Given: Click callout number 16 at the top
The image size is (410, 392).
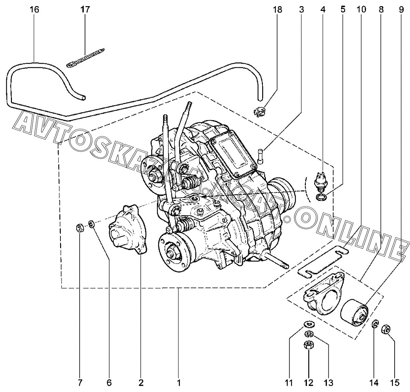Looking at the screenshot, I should pyautogui.click(x=34, y=9).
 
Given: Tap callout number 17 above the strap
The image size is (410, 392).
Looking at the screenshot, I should pyautogui.click(x=85, y=9).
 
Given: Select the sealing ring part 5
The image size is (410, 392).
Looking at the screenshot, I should pyautogui.click(x=321, y=197).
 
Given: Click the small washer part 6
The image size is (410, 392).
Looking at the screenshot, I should pyautogui.click(x=91, y=224).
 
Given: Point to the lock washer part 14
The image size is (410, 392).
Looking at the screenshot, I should pyautogui.click(x=374, y=324).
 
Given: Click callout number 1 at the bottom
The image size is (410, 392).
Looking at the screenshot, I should pyautogui.click(x=178, y=383).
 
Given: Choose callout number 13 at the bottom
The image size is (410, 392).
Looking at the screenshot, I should pyautogui.click(x=328, y=383).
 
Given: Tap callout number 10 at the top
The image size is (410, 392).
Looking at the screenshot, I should pyautogui.click(x=361, y=9).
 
